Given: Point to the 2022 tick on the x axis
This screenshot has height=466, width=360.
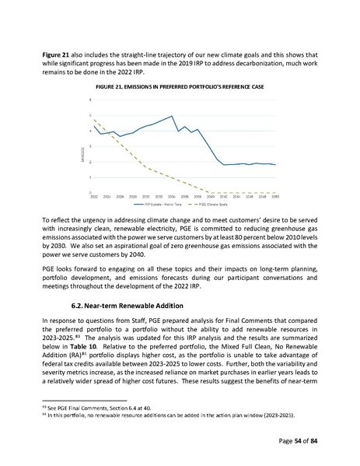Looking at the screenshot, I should click(x=95, y=198).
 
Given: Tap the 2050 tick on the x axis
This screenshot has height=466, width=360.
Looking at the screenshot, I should click(x=275, y=198).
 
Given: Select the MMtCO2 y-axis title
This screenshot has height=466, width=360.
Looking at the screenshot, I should click(x=83, y=146).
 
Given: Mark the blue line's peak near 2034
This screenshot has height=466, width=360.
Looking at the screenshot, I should click(x=171, y=116).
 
